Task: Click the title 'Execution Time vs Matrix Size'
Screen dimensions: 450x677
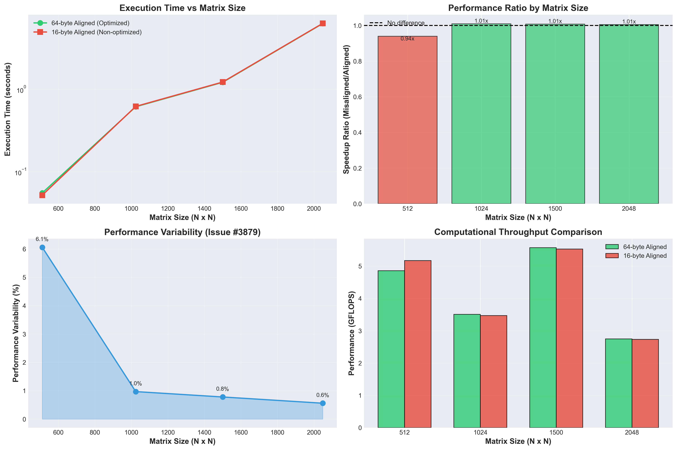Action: click(x=182, y=8)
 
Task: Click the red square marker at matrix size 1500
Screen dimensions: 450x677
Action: click(x=223, y=82)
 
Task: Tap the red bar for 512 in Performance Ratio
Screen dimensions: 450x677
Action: click(x=407, y=120)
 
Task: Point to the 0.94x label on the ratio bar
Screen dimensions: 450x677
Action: click(x=407, y=39)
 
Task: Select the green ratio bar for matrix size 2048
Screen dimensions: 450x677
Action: click(x=629, y=115)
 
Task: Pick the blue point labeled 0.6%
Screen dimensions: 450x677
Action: click(x=323, y=403)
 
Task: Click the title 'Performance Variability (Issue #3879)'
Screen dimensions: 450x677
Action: click(x=182, y=232)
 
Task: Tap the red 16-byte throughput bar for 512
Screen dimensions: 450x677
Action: click(x=418, y=344)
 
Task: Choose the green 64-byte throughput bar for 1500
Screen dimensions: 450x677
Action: click(x=543, y=339)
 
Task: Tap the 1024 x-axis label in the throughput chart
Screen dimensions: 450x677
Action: click(x=480, y=432)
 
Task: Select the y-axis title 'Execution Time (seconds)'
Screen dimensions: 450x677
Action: click(x=8, y=109)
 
